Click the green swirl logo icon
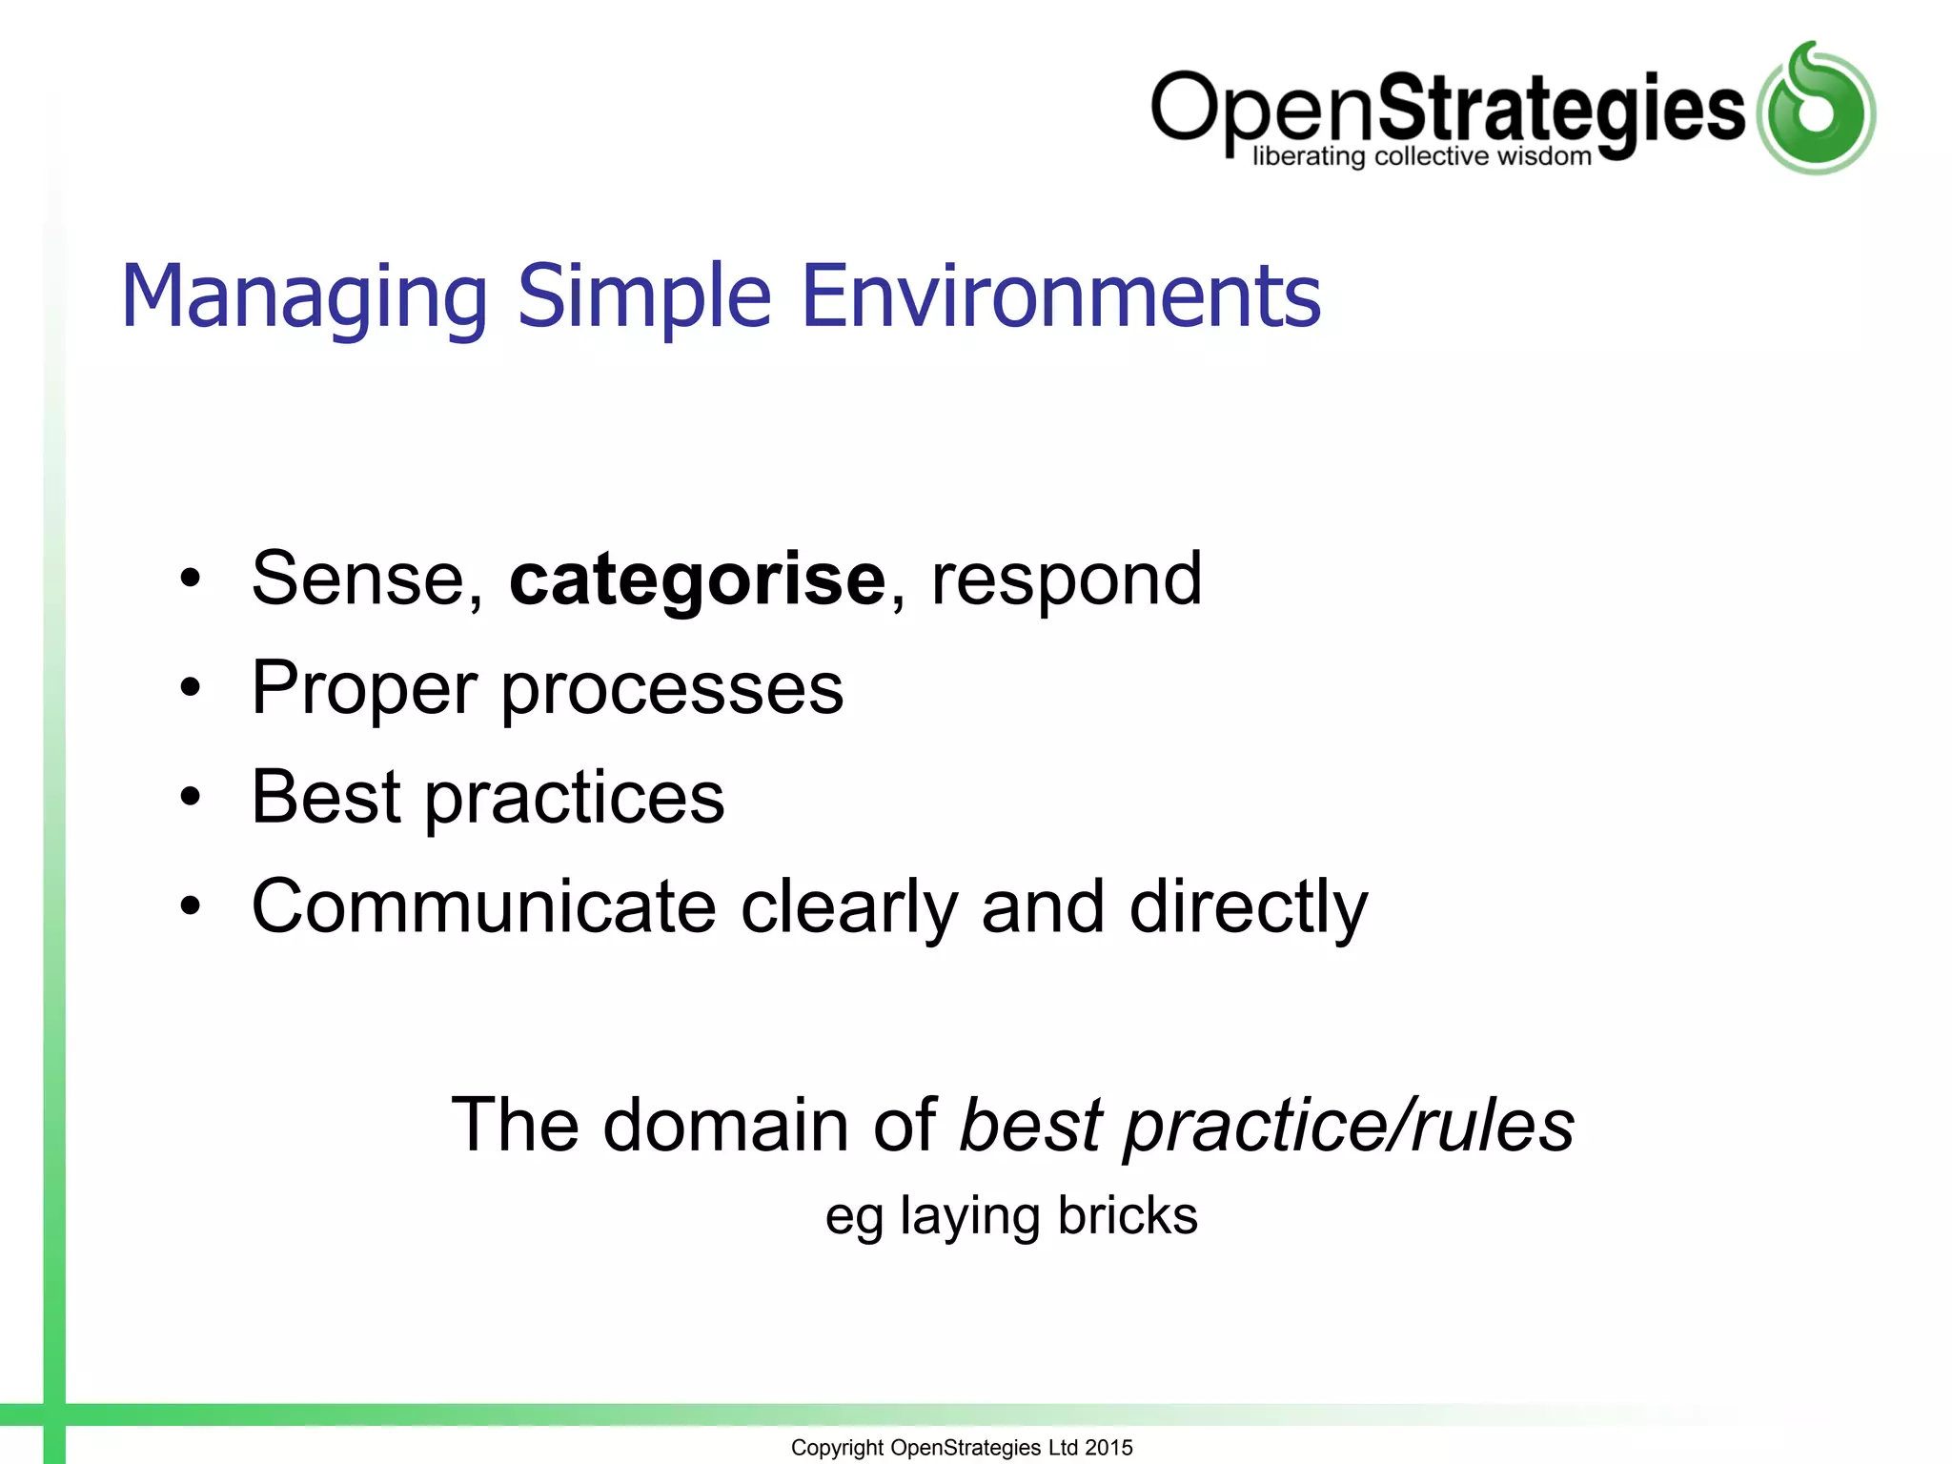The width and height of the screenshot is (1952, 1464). pyautogui.click(x=1816, y=110)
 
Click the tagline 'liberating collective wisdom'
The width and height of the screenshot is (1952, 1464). pyautogui.click(x=1421, y=156)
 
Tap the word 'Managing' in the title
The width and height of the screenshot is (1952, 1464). pyautogui.click(x=304, y=297)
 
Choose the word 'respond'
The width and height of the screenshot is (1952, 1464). pyautogui.click(x=1066, y=581)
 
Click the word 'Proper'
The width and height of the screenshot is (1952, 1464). pyautogui.click(x=363, y=689)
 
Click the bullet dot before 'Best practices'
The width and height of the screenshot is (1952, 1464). pyautogui.click(x=191, y=797)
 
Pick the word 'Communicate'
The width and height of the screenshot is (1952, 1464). pyautogui.click(x=483, y=906)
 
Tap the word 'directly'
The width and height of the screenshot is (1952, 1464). pyautogui.click(x=1248, y=908)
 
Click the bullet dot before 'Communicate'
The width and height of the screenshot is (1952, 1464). pyautogui.click(x=191, y=906)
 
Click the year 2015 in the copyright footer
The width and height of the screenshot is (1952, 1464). pyautogui.click(x=1108, y=1448)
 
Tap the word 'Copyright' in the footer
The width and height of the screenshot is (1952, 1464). pyautogui.click(x=837, y=1448)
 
